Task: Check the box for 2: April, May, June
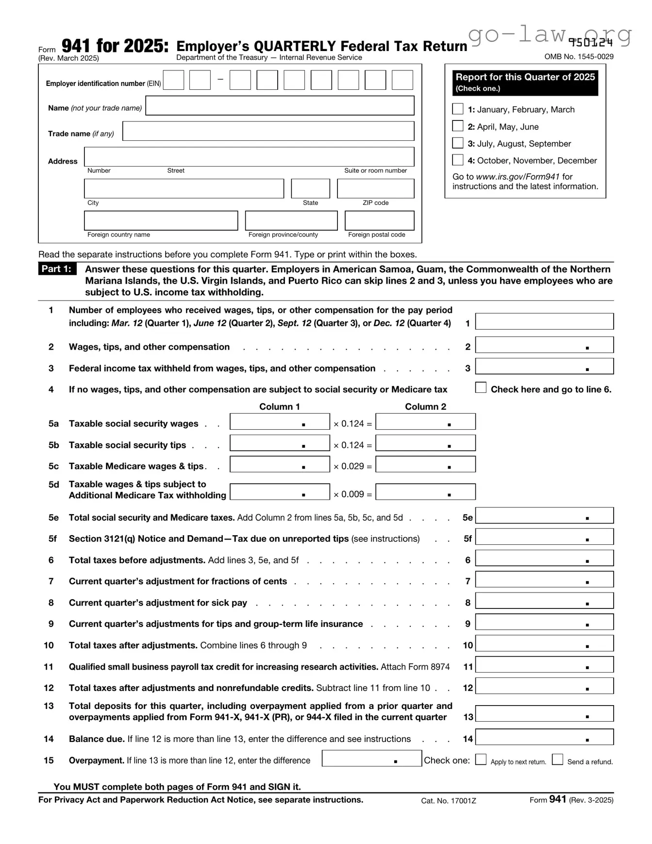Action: pyautogui.click(x=457, y=126)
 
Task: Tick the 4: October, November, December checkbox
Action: pyautogui.click(x=457, y=160)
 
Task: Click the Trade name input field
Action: pyautogui.click(x=268, y=131)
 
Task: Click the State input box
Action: pyautogui.click(x=310, y=188)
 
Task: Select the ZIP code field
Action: pyautogui.click(x=375, y=188)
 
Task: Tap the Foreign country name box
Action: pyautogui.click(x=161, y=220)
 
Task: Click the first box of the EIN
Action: pyautogui.click(x=174, y=80)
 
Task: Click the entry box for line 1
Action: pyautogui.click(x=544, y=321)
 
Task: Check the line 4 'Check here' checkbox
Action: pyautogui.click(x=481, y=388)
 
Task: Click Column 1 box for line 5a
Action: pyautogui.click(x=280, y=422)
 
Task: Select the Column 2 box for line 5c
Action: pyautogui.click(x=425, y=464)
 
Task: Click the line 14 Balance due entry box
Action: pyautogui.click(x=544, y=737)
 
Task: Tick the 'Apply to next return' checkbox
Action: pyautogui.click(x=481, y=759)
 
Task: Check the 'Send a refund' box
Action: pyautogui.click(x=558, y=759)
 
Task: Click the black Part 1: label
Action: pyautogui.click(x=57, y=269)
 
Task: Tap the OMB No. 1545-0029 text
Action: pyautogui.click(x=579, y=56)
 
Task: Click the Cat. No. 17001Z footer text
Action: pyautogui.click(x=448, y=801)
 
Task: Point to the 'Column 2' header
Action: pyautogui.click(x=425, y=406)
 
